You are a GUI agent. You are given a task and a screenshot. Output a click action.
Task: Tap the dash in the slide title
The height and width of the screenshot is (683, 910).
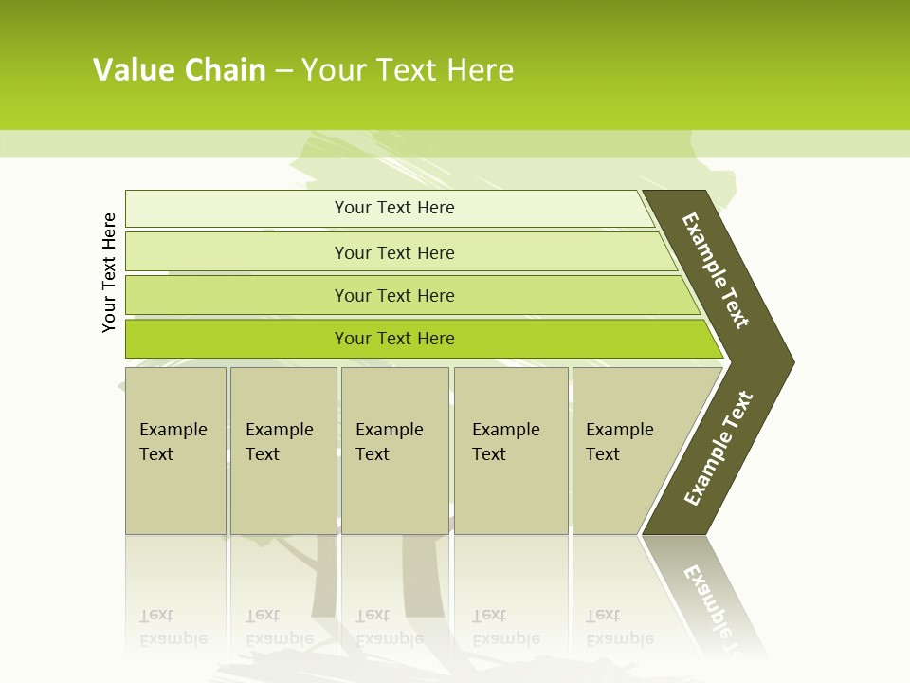click(x=283, y=71)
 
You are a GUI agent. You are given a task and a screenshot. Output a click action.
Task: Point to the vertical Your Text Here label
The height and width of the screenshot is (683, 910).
click(x=109, y=272)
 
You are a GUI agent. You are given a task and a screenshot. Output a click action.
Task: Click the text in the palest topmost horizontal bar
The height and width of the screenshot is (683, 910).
click(x=394, y=208)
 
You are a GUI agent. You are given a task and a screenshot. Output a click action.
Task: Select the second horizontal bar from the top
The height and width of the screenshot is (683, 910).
click(x=394, y=252)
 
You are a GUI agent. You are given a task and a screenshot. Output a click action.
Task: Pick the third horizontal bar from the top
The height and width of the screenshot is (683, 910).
click(x=394, y=295)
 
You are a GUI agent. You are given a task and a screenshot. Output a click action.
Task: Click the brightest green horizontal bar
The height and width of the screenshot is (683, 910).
click(x=394, y=339)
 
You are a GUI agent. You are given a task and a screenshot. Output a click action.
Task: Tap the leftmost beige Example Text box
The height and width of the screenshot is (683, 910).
click(x=174, y=451)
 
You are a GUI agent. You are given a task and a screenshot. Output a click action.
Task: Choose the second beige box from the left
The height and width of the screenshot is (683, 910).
click(x=282, y=451)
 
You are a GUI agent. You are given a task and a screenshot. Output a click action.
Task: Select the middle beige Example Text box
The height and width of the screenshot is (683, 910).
click(x=393, y=451)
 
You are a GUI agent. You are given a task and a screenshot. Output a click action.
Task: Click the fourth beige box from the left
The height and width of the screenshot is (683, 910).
click(x=510, y=451)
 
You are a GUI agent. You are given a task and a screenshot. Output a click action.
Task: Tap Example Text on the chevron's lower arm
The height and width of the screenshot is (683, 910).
click(x=719, y=449)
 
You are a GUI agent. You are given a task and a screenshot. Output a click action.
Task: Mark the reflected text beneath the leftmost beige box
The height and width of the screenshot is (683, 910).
click(x=173, y=627)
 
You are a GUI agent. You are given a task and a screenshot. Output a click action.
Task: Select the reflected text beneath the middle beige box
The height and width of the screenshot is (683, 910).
click(x=389, y=627)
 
